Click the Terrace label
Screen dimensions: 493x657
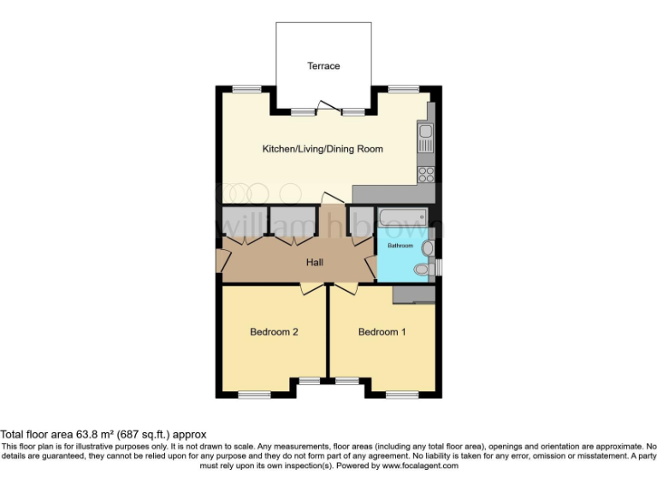click(x=323, y=66)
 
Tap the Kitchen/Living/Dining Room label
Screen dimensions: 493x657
click(x=322, y=149)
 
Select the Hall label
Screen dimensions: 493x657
click(x=314, y=262)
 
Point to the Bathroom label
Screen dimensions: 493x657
click(x=400, y=246)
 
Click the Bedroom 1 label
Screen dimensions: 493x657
click(x=382, y=332)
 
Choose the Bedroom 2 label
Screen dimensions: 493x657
click(x=274, y=332)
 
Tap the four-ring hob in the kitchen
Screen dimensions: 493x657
click(x=425, y=174)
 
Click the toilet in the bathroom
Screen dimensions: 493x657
click(x=422, y=270)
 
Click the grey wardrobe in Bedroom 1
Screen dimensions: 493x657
click(x=414, y=294)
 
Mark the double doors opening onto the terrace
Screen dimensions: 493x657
click(x=323, y=108)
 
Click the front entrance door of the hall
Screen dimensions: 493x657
click(x=222, y=261)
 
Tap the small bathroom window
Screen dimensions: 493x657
click(x=440, y=267)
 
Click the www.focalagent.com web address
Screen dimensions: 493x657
click(x=420, y=466)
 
